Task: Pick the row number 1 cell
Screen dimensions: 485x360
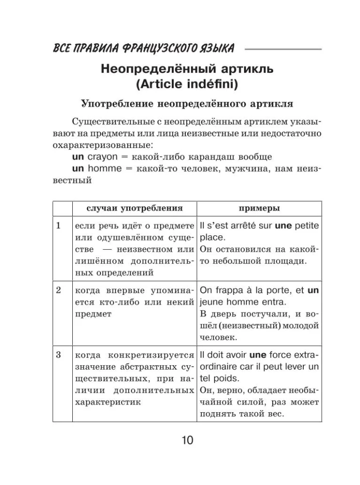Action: pyautogui.click(x=58, y=225)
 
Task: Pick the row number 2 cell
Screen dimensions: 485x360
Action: pyautogui.click(x=58, y=291)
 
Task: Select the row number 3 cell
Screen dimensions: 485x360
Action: pyautogui.click(x=58, y=355)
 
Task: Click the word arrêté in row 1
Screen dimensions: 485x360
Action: pyautogui.click(x=240, y=225)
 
